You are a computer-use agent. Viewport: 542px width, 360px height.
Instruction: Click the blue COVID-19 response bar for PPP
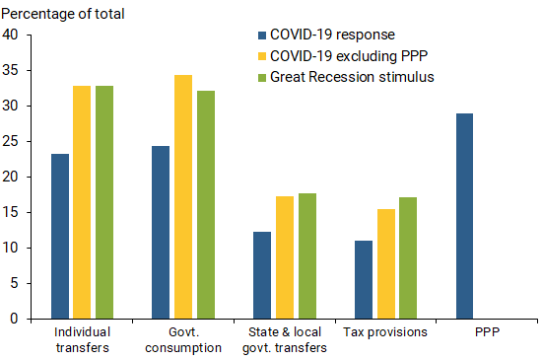(463, 216)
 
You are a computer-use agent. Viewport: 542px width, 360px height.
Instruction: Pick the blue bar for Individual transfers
(60, 236)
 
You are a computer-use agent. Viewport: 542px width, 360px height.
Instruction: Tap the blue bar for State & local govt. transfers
(262, 275)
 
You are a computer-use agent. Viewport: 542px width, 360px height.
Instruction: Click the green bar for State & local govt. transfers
(306, 255)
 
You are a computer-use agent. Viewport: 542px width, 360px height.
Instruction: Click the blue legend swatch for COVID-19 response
(261, 36)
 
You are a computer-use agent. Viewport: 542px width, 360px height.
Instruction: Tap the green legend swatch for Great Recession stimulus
(261, 77)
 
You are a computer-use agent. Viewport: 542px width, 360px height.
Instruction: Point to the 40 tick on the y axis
(12, 36)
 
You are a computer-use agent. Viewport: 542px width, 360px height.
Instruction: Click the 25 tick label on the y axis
(12, 142)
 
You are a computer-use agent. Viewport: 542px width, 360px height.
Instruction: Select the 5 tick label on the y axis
(16, 284)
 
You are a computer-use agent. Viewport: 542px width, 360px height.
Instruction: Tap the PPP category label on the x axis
(486, 332)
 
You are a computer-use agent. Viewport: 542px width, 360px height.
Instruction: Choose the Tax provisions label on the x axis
(385, 332)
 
